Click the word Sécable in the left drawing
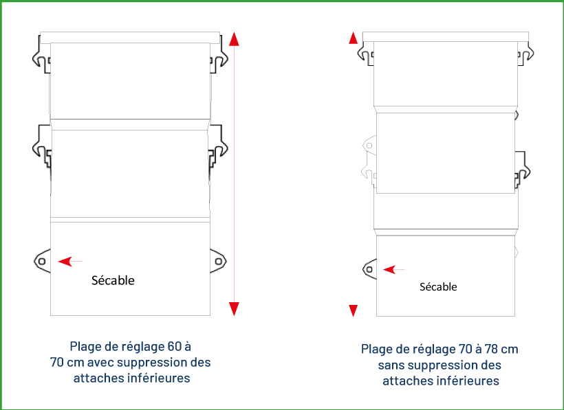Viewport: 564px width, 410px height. point(113,280)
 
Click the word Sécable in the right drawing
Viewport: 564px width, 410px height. point(438,287)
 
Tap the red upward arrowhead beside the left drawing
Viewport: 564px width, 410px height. point(234,39)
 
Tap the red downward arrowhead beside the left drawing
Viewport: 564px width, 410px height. point(234,308)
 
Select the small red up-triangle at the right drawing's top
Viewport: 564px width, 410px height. point(354,38)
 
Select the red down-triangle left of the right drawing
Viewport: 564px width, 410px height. point(354,310)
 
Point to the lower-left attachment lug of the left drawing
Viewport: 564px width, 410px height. point(42,261)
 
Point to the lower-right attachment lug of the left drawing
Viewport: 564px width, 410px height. point(219,261)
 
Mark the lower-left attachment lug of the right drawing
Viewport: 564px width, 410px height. point(369,269)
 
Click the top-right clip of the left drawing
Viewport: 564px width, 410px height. point(219,58)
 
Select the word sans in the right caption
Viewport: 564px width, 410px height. point(391,365)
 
